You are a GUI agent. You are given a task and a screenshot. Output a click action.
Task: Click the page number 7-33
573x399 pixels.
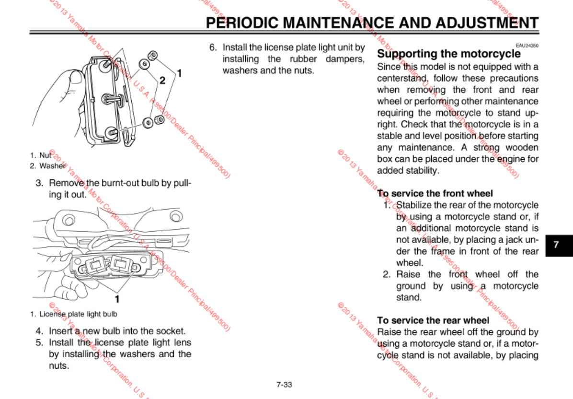(284, 384)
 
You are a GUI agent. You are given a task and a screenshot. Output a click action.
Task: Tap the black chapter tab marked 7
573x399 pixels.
(556, 245)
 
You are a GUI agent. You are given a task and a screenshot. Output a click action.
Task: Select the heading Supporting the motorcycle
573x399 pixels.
(448, 53)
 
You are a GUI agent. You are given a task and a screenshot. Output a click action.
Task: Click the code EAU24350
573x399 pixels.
(527, 45)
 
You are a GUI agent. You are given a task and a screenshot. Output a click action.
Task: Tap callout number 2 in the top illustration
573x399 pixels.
(162, 80)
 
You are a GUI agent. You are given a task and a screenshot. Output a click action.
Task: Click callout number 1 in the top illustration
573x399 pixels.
(179, 73)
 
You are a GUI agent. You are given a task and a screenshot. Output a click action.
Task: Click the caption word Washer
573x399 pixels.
(52, 166)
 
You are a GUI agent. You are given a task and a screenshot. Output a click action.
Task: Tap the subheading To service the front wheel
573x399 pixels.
(435, 193)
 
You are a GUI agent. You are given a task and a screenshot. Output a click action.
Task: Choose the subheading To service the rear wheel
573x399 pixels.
(433, 320)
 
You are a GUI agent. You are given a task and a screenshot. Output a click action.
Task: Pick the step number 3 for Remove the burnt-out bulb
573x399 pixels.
(39, 183)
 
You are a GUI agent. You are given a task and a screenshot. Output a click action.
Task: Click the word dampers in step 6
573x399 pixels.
(345, 59)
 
